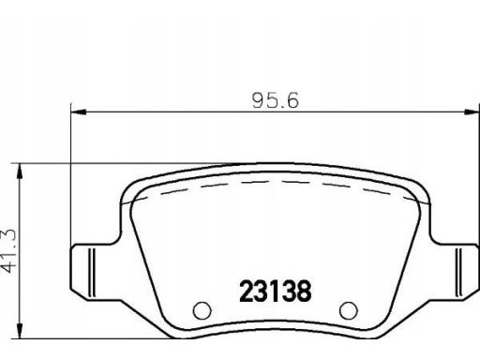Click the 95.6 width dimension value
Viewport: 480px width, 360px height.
click(x=276, y=100)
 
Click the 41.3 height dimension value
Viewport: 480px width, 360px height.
click(x=8, y=250)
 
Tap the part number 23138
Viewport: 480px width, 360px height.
click(x=276, y=292)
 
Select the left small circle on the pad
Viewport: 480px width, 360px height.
click(x=202, y=310)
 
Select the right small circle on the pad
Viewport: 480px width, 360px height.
click(x=349, y=310)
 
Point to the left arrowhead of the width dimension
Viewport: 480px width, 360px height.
click(x=79, y=112)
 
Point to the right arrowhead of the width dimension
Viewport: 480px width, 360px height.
click(x=472, y=112)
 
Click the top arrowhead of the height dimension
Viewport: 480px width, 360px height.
click(x=20, y=171)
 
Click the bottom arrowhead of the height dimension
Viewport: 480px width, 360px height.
click(x=20, y=331)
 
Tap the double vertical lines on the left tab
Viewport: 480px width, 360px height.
click(x=91, y=272)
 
